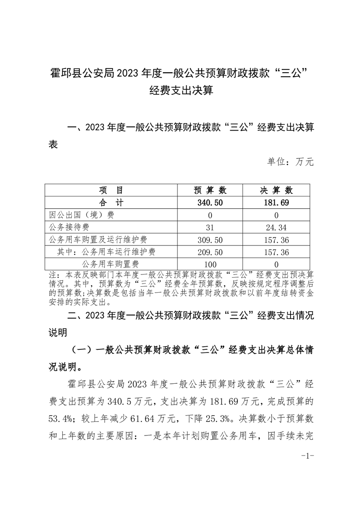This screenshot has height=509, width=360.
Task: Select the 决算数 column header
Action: pyautogui.click(x=276, y=190)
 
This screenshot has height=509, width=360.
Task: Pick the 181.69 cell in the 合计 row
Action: pyautogui.click(x=276, y=202)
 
